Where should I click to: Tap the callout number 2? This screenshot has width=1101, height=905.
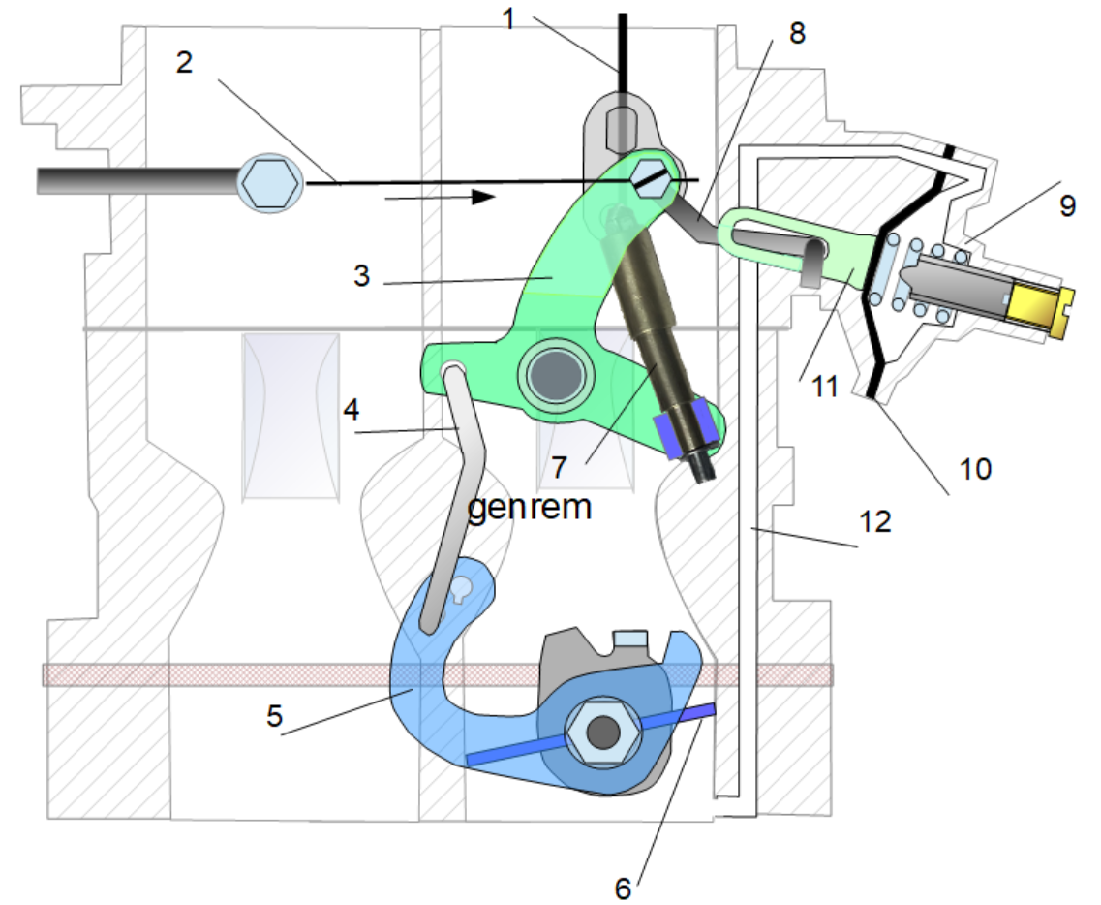[x=185, y=63]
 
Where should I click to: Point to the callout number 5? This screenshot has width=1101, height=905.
[x=275, y=718]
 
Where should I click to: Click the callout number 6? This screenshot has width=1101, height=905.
[x=625, y=886]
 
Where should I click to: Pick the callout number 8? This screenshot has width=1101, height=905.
[x=796, y=33]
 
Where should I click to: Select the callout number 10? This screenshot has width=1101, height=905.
[x=976, y=470]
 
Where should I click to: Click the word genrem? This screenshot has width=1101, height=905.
[x=529, y=506]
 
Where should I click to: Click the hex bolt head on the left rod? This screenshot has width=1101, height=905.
[x=270, y=181]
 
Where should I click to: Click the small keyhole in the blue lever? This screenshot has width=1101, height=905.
[x=462, y=588]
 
